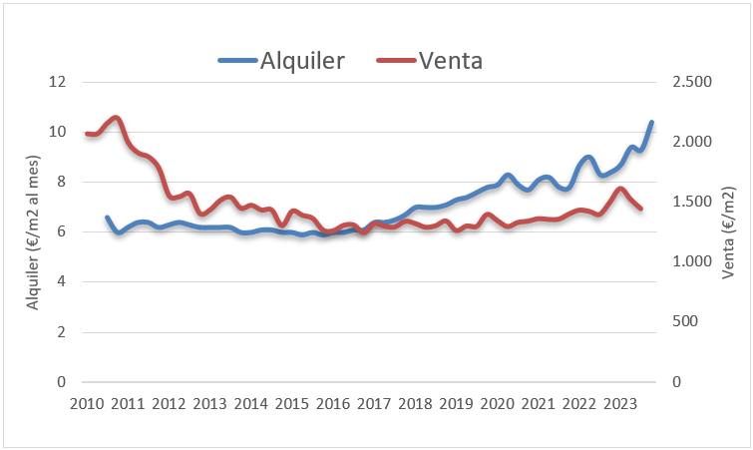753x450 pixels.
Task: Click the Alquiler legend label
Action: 302,60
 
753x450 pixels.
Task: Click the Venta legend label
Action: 451,60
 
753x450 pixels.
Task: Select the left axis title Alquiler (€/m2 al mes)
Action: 33,231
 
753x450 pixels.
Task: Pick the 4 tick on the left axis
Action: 61,281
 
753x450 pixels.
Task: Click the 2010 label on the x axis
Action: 87,404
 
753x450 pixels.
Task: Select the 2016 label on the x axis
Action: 333,404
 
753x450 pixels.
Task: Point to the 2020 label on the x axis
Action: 497,404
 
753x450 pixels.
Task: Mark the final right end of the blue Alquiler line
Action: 651,123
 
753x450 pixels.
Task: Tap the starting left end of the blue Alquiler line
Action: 107,218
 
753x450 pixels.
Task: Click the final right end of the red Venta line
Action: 640,210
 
